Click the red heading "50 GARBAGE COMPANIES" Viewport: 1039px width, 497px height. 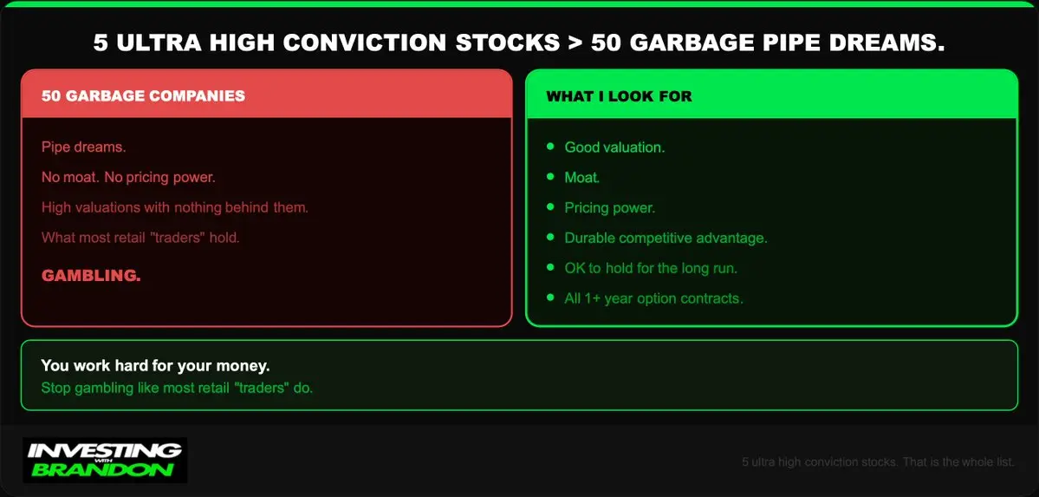tap(143, 95)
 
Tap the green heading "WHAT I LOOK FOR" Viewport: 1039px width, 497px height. tap(619, 96)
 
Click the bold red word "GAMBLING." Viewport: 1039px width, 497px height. tap(92, 276)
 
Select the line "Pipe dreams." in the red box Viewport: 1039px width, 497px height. tap(83, 147)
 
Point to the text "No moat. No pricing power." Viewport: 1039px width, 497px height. tap(128, 178)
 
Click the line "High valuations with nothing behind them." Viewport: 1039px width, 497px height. tap(175, 207)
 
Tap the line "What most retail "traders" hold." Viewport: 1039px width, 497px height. tap(140, 238)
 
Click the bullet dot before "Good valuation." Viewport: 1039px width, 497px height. tap(550, 146)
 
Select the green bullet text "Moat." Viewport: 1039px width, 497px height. tap(582, 178)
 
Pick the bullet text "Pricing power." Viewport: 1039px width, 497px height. tap(609, 207)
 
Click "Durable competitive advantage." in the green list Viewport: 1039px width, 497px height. tap(666, 239)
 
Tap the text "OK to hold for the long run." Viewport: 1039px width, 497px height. tap(651, 268)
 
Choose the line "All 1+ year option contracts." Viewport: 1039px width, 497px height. tap(654, 298)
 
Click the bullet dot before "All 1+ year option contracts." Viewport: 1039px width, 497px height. tap(550, 298)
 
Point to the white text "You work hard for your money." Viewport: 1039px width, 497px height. tap(156, 366)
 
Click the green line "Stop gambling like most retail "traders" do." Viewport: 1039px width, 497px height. tap(177, 388)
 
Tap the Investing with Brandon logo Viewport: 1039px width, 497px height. tap(105, 460)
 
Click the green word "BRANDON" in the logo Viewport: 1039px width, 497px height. tap(103, 470)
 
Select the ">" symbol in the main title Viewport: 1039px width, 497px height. tap(575, 43)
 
